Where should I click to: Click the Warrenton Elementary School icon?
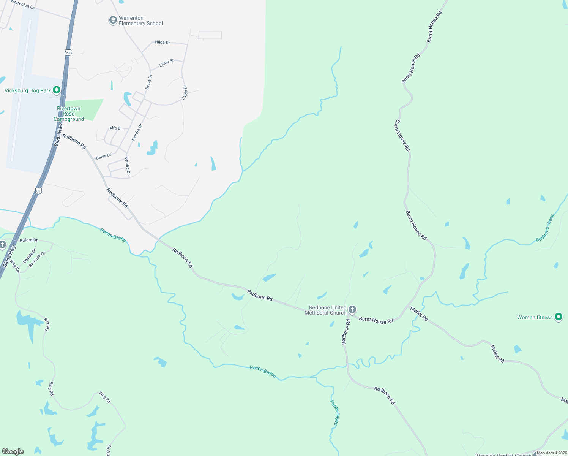[113, 20]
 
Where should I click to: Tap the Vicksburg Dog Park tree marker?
[57, 90]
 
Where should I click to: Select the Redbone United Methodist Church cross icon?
[352, 310]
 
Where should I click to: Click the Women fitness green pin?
[558, 317]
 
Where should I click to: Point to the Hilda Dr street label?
[163, 42]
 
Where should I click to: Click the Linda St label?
[166, 63]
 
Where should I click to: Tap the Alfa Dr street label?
[116, 128]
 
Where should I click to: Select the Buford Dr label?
[29, 240]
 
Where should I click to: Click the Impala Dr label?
[29, 256]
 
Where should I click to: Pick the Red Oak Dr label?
[37, 258]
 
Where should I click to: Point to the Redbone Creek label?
[546, 228]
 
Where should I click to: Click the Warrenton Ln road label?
[22, 4]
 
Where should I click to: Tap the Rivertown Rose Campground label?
[69, 114]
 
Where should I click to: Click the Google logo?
[13, 451]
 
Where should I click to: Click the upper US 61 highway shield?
[68, 52]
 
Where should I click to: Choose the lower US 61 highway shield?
[38, 191]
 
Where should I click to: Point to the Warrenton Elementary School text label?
[140, 21]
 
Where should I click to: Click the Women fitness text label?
[535, 317]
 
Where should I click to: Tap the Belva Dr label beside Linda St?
[149, 82]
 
